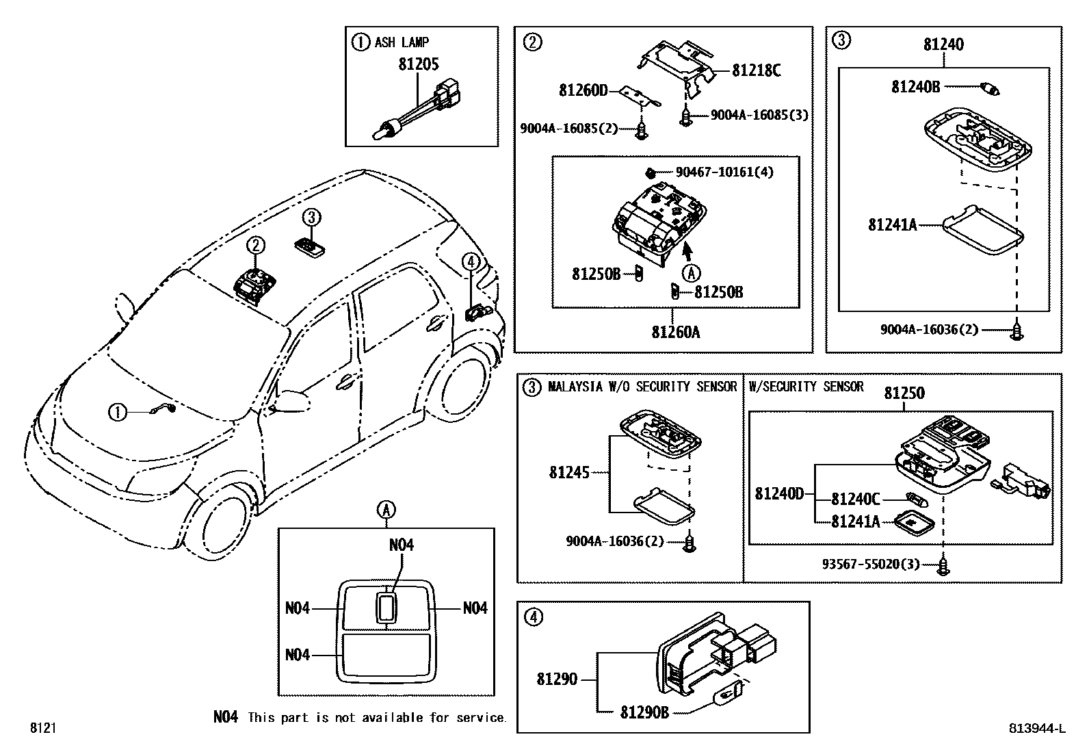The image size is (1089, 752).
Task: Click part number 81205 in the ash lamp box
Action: (x=419, y=64)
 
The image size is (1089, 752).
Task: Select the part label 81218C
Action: (x=756, y=70)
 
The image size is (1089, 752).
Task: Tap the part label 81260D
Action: (x=583, y=90)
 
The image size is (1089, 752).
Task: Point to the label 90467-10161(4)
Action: (x=724, y=172)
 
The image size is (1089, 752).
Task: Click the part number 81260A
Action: (x=675, y=333)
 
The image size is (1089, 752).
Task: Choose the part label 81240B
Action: (x=915, y=87)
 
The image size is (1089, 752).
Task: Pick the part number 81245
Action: (x=568, y=472)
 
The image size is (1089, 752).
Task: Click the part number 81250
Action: (x=904, y=393)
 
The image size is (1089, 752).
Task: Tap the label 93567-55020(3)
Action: (x=870, y=565)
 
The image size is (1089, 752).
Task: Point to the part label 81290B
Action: (x=644, y=712)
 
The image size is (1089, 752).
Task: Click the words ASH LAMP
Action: (x=402, y=42)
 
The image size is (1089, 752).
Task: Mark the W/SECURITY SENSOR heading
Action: (x=806, y=387)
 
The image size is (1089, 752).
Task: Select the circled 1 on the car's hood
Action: (x=118, y=412)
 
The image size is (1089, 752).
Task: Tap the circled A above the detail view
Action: (x=386, y=509)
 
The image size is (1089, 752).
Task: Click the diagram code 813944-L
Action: (x=1037, y=729)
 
